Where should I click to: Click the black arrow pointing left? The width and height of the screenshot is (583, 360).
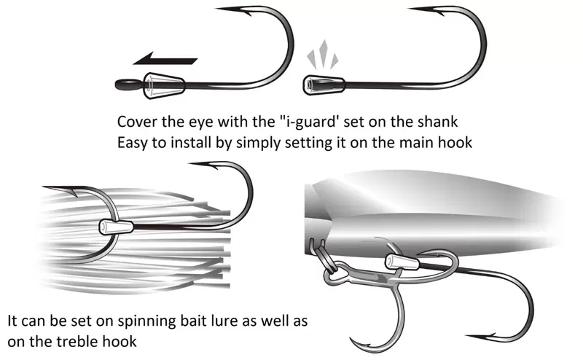click(169, 60)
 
